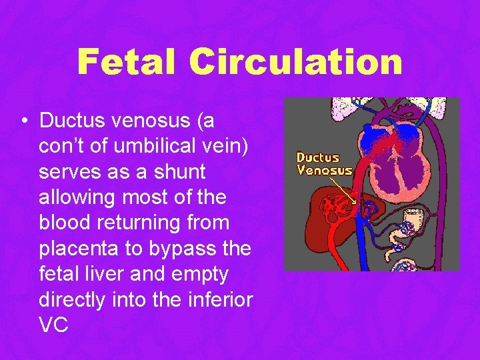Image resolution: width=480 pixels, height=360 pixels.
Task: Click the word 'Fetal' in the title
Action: (x=127, y=62)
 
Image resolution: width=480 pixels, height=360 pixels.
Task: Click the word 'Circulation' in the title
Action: (x=295, y=62)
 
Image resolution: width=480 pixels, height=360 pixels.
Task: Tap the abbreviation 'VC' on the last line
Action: (x=53, y=325)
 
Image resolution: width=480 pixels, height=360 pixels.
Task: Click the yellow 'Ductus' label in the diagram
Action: (x=318, y=158)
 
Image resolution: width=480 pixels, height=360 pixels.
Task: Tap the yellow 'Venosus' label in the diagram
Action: (x=324, y=170)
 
